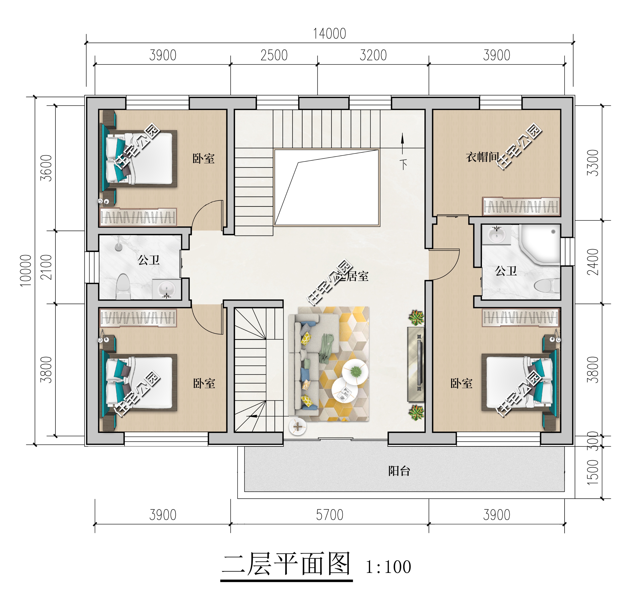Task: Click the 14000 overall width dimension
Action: pyautogui.click(x=330, y=34)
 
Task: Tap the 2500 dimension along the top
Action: pyautogui.click(x=274, y=55)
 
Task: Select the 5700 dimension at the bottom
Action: pyautogui.click(x=330, y=515)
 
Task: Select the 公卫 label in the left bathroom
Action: pyautogui.click(x=149, y=260)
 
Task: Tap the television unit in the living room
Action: pyautogui.click(x=416, y=364)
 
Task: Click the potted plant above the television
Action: pyautogui.click(x=416, y=318)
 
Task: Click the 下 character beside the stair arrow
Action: pyautogui.click(x=403, y=164)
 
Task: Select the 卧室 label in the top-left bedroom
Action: pyautogui.click(x=204, y=158)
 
